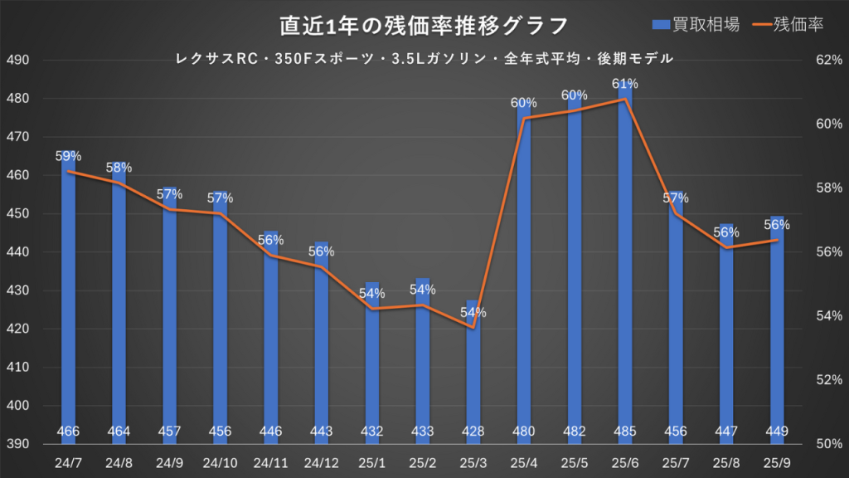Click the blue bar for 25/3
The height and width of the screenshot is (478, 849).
pyautogui.click(x=473, y=373)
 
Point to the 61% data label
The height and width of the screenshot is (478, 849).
pyautogui.click(x=625, y=84)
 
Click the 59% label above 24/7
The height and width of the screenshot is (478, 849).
pyautogui.click(x=68, y=155)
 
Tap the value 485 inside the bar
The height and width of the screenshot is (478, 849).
pyautogui.click(x=625, y=431)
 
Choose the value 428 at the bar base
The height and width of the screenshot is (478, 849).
pyautogui.click(x=473, y=431)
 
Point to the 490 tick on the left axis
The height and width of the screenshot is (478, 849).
pyautogui.click(x=17, y=61)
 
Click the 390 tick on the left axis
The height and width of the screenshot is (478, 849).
pyautogui.click(x=17, y=444)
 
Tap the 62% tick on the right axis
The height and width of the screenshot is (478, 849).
pyautogui.click(x=830, y=61)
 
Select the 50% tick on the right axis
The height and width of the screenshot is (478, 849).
pyautogui.click(x=830, y=444)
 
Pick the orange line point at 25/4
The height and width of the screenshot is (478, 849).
pyautogui.click(x=524, y=119)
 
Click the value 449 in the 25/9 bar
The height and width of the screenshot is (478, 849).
pyautogui.click(x=777, y=431)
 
